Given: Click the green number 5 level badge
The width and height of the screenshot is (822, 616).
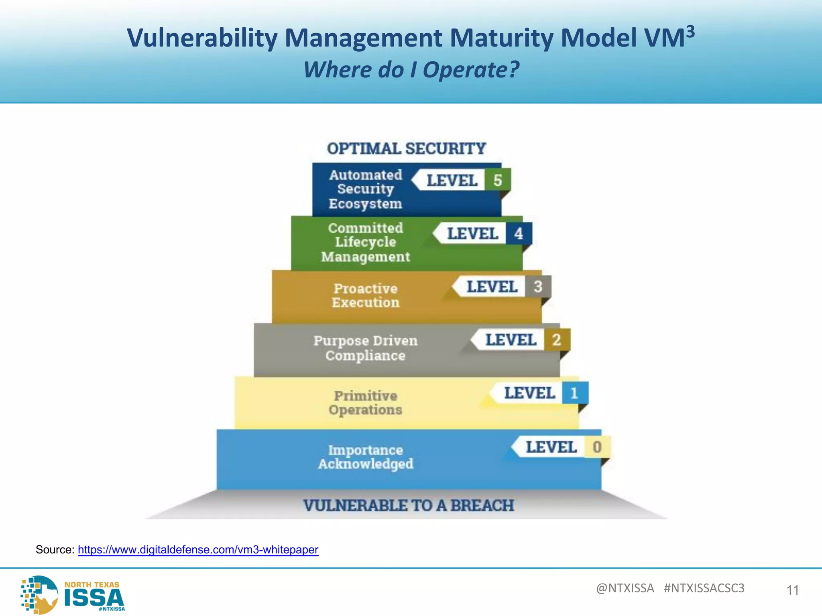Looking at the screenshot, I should coord(498,180).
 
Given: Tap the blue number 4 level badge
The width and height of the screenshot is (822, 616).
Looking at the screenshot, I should coord(519,233).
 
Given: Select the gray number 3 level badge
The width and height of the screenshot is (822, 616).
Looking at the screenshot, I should coord(538,286).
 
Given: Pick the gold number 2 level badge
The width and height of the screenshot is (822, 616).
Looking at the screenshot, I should coord(557,340).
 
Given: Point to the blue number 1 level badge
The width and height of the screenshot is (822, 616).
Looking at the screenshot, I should coord(575,393).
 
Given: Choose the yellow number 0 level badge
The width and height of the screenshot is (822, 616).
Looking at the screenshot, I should coord(597,447).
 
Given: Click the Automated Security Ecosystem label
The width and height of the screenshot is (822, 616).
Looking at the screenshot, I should coord(365,189).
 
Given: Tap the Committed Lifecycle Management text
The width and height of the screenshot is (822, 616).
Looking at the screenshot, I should coord(365,242).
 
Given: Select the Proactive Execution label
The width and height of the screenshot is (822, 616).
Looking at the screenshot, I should coord(365,295).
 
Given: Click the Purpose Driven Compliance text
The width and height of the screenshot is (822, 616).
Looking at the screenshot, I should coord(365,348).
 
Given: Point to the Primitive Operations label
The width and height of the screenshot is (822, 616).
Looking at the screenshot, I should coord(365,403).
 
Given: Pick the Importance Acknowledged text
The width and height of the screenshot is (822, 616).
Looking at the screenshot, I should coord(365,457).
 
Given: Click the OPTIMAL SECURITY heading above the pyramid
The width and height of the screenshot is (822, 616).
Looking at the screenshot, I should coord(406,149).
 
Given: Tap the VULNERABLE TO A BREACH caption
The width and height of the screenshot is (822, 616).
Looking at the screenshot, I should coord(409,505).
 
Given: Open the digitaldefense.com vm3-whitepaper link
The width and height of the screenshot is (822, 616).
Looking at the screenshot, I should coord(198,549).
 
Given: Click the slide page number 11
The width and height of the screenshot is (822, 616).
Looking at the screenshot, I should coord(792,590).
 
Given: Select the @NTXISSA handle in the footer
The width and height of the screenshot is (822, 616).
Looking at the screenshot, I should coord(625,588).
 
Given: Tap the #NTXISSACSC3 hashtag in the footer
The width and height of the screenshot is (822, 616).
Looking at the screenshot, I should coord(704,588).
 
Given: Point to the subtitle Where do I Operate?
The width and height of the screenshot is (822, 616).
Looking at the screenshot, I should coord(411,70).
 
